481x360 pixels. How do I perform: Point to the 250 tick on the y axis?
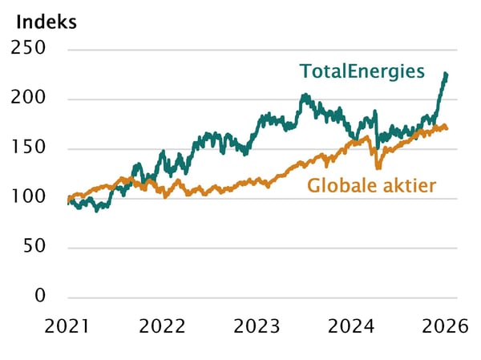(x=30, y=50)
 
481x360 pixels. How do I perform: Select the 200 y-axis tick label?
(x=30, y=99)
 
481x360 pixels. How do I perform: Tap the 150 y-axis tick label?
(x=30, y=148)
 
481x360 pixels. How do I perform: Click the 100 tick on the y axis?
(x=30, y=198)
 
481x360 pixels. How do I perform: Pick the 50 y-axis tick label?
(x=34, y=247)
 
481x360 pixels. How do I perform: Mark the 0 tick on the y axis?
(x=40, y=297)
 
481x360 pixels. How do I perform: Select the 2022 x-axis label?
(x=163, y=326)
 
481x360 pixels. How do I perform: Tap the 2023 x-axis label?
(x=257, y=326)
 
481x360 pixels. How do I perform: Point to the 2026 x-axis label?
(x=446, y=326)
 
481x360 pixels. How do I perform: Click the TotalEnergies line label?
(x=362, y=71)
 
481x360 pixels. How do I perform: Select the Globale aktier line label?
(x=371, y=186)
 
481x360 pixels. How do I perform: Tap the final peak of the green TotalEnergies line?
(x=446, y=75)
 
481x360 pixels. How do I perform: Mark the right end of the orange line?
(x=447, y=128)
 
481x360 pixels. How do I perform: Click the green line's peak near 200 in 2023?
(x=305, y=96)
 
